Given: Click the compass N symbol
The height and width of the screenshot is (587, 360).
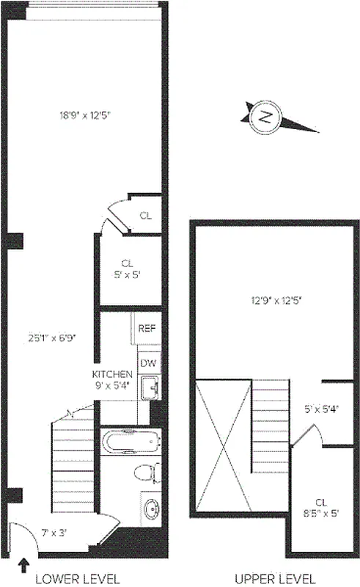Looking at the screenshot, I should coord(265,117).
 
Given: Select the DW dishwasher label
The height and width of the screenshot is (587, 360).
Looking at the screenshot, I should coord(148,362).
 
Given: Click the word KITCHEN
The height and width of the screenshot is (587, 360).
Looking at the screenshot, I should coord(112,373).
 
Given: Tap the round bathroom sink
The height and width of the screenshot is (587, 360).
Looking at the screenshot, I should coord(152,508).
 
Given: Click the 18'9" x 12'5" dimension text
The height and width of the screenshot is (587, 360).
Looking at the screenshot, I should coord(84,114).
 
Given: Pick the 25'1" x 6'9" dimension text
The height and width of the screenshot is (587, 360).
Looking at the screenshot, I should coord(51,338).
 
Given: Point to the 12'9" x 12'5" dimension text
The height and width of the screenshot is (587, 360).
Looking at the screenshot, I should coord(276,299).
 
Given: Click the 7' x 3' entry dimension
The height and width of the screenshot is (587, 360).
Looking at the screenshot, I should coord(53,532).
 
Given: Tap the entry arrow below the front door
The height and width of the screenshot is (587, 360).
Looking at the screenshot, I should coord(24,565).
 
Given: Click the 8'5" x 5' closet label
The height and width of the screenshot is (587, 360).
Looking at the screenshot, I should coord(320,508).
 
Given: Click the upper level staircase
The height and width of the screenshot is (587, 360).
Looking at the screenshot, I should coord(269,429).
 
